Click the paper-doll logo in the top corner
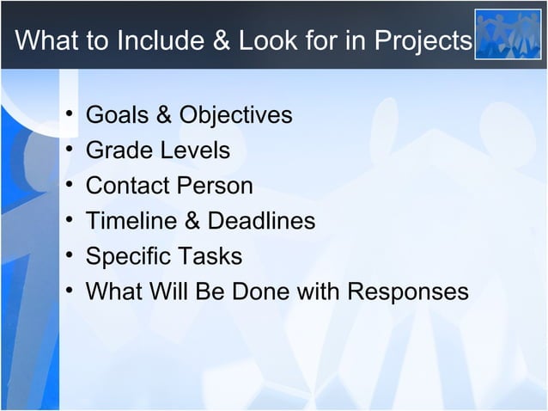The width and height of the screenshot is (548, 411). [508, 34]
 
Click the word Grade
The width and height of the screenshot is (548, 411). [118, 150]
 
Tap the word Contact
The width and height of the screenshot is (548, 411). [127, 186]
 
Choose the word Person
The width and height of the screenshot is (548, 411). [214, 186]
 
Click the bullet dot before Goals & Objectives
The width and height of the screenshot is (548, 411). [67, 116]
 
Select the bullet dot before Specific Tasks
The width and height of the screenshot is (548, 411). [67, 257]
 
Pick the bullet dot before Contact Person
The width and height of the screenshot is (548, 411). [67, 187]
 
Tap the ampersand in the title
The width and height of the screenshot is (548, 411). [220, 41]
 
